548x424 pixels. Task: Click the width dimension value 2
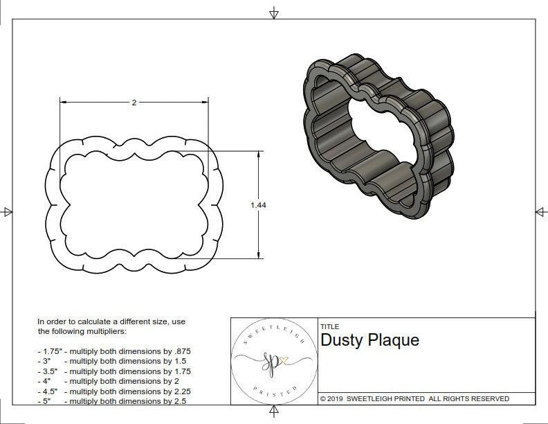point(134,102)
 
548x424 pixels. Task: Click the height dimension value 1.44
point(258,205)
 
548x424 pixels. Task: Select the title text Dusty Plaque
point(369,341)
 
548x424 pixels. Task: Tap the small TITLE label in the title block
point(329,327)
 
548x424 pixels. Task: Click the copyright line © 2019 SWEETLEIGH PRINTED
point(414,398)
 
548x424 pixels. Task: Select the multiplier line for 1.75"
point(113,351)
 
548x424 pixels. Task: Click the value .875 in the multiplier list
point(181,351)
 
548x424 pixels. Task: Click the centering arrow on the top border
point(275,12)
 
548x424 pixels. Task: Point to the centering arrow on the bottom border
point(275,413)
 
